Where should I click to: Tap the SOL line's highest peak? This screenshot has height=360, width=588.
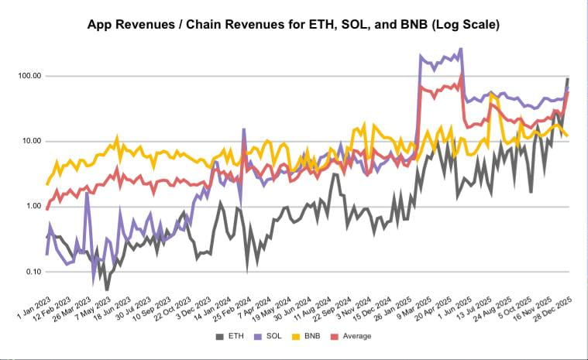[x=461, y=49]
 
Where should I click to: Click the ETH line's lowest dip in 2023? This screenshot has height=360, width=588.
[x=107, y=289]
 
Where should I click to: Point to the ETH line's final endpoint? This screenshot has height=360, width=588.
[x=568, y=79]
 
